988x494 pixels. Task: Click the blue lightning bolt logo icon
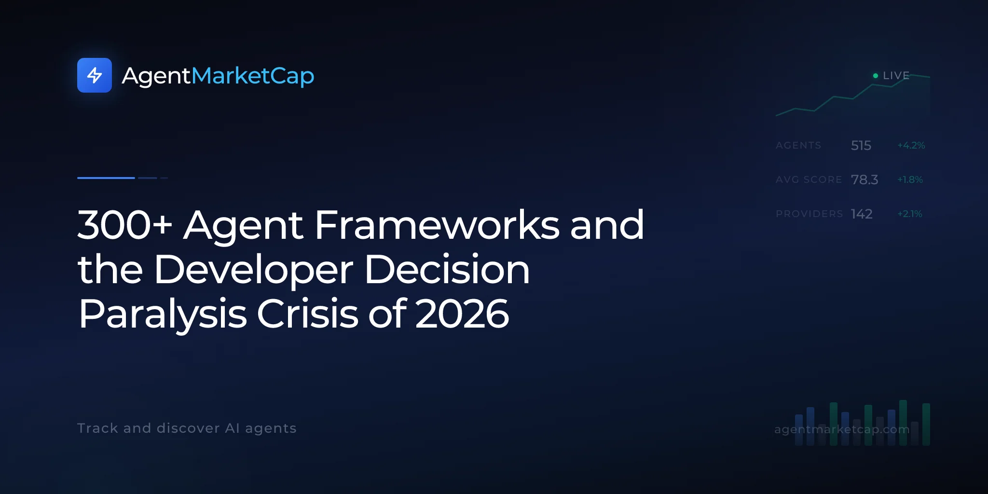click(95, 75)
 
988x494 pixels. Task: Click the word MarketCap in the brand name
click(253, 76)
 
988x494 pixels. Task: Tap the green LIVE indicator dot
click(876, 76)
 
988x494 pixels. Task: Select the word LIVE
click(896, 76)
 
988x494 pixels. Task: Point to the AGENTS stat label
click(798, 145)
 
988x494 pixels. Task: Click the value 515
click(861, 145)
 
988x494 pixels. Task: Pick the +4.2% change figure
click(911, 145)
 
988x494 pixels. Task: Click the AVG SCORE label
click(809, 179)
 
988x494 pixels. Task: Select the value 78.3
click(864, 179)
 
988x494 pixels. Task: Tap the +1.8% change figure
click(910, 179)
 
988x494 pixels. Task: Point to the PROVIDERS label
click(810, 214)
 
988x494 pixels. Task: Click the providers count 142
click(862, 214)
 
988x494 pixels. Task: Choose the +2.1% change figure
click(910, 214)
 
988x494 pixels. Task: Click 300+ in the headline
click(125, 225)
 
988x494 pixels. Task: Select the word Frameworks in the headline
click(437, 225)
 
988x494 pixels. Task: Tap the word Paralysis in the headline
click(163, 315)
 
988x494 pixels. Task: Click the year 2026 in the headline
click(462, 314)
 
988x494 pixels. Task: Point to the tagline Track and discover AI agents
click(187, 428)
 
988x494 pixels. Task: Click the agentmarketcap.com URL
click(842, 429)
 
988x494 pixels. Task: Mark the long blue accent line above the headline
click(106, 178)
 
